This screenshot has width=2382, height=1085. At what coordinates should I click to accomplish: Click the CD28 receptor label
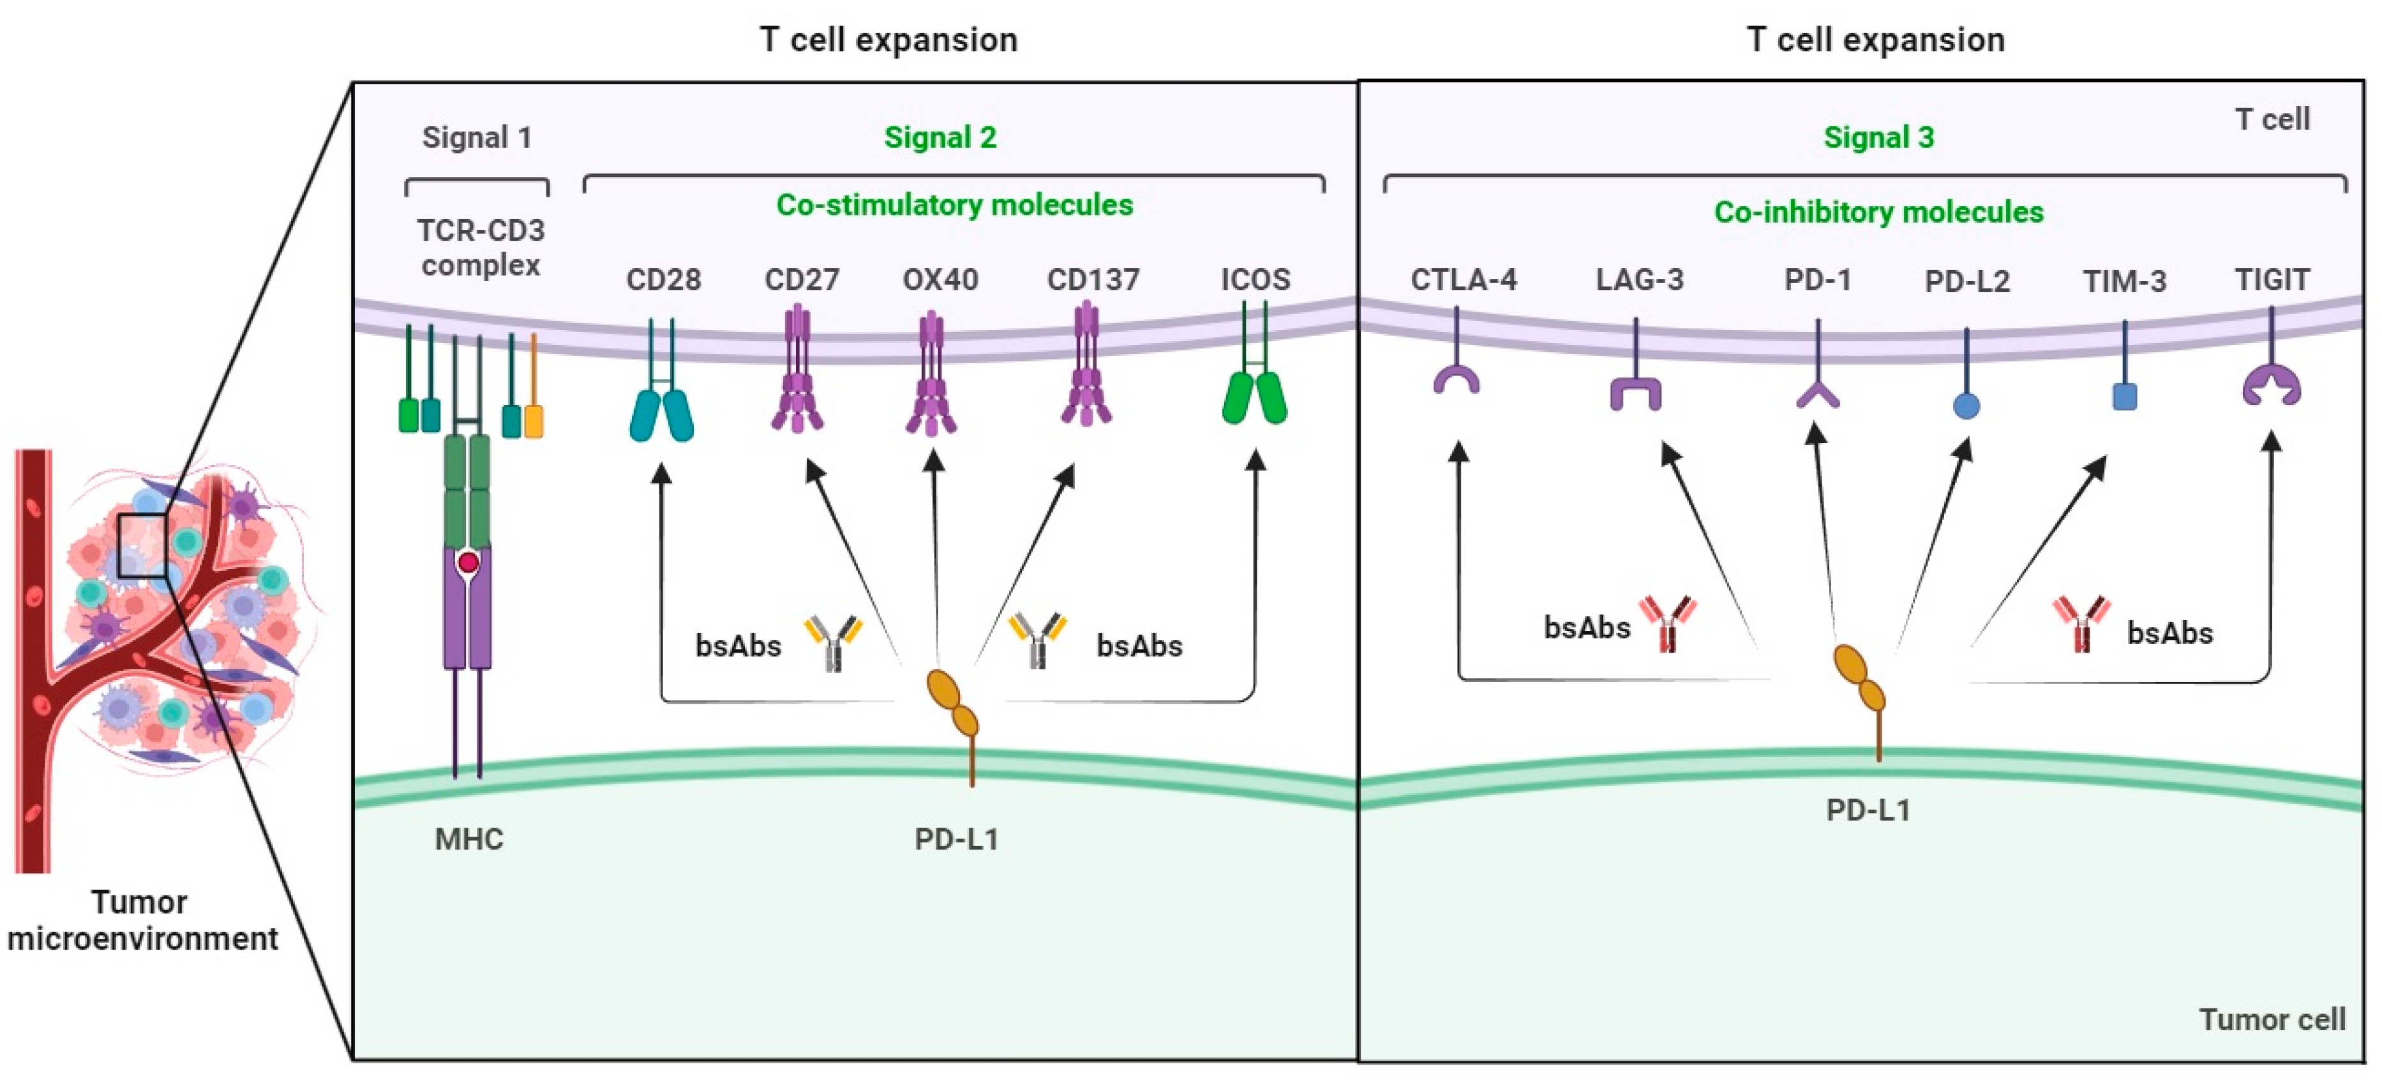click(663, 279)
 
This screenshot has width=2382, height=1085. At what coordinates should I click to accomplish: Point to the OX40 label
click(940, 279)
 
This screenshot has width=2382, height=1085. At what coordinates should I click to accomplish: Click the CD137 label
click(1093, 279)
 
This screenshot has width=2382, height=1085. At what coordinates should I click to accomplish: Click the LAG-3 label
click(1640, 279)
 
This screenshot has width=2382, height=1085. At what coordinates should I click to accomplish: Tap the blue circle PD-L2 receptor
click(1966, 405)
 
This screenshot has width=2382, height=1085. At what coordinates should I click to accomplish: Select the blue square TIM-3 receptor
click(2125, 397)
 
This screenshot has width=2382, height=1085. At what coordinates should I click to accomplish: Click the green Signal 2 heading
click(940, 138)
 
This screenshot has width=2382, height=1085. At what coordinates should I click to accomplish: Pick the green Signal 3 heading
click(1878, 138)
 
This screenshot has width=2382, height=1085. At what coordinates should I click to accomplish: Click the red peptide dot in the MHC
click(468, 561)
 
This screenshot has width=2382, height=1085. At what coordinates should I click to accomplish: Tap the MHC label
click(469, 839)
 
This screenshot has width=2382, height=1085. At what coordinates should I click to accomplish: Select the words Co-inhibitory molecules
click(1878, 213)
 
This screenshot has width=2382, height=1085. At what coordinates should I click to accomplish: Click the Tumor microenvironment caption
click(142, 920)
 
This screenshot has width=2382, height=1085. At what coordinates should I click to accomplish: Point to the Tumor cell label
click(2271, 1019)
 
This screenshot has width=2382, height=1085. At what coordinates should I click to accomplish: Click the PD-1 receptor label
click(1817, 279)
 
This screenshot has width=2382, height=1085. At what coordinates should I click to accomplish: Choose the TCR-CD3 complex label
click(480, 247)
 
